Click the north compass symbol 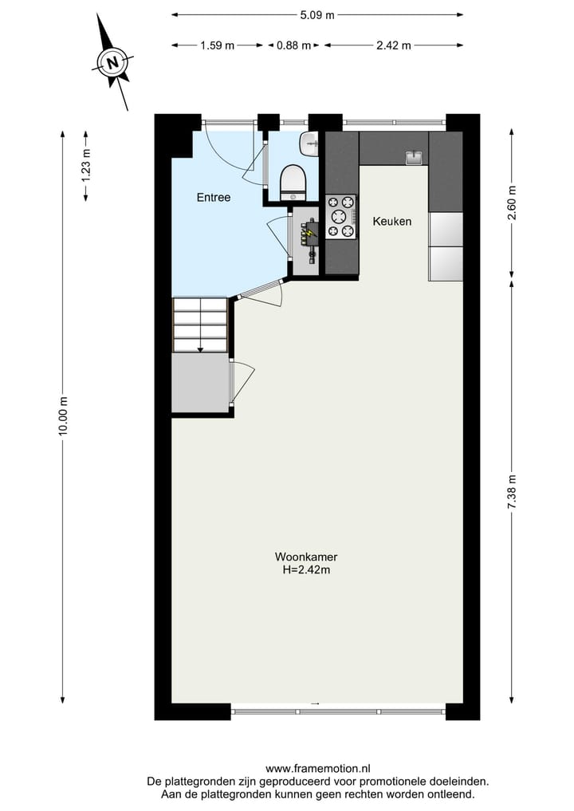[114, 61]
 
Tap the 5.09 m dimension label [316, 14]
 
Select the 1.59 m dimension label [217, 45]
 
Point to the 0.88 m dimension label [293, 45]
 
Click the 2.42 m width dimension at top [393, 45]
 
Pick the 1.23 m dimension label [86, 166]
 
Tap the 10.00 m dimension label [64, 415]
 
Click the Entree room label [214, 197]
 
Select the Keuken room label [392, 221]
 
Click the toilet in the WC [293, 182]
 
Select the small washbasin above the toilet [309, 144]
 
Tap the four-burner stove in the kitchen [341, 218]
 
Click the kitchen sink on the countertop [414, 158]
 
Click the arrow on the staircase [200, 347]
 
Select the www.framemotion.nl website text [316, 769]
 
